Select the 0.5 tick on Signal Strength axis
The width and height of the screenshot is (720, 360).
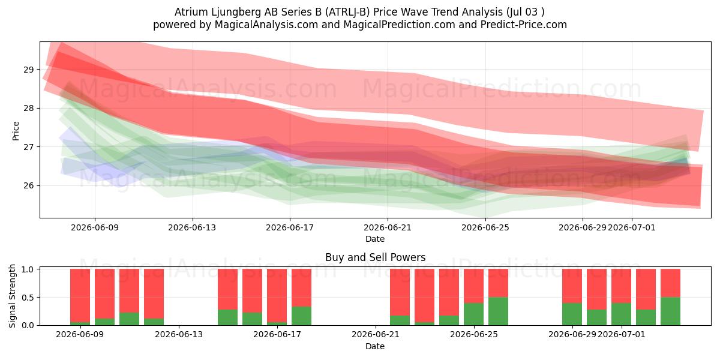click(28, 298)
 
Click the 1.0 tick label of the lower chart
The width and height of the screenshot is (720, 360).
click(28, 269)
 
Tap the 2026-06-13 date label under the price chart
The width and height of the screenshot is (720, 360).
click(192, 227)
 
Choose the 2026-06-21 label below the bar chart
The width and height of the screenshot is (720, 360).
click(376, 334)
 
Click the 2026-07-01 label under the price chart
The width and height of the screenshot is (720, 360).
click(632, 227)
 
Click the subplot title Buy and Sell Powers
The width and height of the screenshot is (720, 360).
click(375, 257)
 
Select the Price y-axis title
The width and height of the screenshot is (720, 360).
click(16, 131)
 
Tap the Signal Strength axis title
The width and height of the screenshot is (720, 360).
click(12, 296)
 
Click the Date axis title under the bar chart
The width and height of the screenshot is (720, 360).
click(375, 346)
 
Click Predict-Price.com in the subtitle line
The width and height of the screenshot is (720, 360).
click(524, 25)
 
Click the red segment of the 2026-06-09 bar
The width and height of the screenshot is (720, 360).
click(80, 295)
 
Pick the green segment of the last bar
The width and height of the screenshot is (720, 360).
click(671, 311)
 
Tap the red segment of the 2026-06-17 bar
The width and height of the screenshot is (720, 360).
click(277, 295)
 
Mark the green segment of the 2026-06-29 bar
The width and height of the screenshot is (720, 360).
click(572, 314)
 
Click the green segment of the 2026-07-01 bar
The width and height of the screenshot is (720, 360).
click(622, 314)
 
